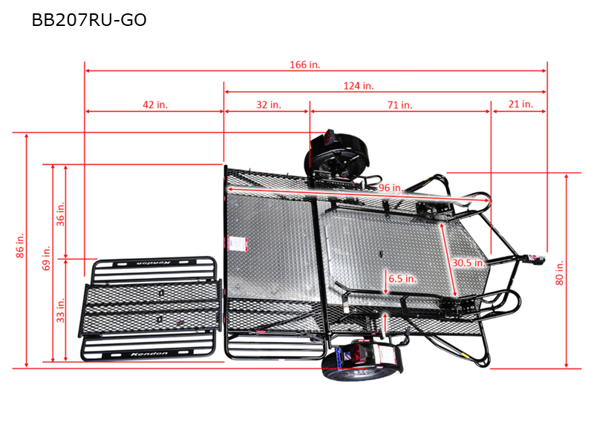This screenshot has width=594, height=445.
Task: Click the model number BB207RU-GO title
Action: pyautogui.click(x=89, y=20)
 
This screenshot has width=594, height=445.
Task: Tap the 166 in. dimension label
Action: pyautogui.click(x=304, y=65)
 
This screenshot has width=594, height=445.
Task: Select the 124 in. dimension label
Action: pyautogui.click(x=359, y=86)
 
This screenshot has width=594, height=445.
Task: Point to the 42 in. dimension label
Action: pyautogui.click(x=155, y=105)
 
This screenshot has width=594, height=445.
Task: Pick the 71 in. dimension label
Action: pyautogui.click(x=399, y=105)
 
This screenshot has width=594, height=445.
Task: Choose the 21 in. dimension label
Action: pyautogui.click(x=520, y=105)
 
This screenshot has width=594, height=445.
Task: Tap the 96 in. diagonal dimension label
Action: pyautogui.click(x=391, y=188)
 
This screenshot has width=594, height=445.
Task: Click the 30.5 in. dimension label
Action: pyautogui.click(x=469, y=262)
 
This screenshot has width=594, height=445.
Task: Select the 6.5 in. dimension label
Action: pyautogui.click(x=402, y=279)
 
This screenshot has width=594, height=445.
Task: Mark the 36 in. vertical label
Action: pyautogui.click(x=61, y=213)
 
